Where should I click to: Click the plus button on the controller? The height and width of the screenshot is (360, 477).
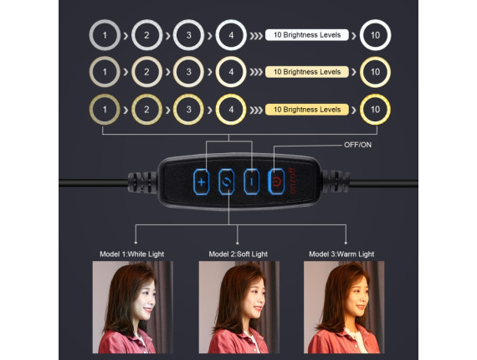click(202, 182)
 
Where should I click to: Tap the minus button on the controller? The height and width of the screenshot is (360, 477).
click(252, 182)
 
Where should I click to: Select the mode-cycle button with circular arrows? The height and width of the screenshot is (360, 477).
click(226, 182)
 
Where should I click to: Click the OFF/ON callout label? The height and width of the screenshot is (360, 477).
click(358, 145)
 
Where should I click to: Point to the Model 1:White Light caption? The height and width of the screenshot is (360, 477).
click(131, 254)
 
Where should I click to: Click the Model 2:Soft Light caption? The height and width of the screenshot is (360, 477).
click(238, 254)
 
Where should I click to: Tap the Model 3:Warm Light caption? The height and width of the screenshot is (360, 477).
click(341, 254)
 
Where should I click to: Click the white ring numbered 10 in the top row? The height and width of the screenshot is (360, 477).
click(375, 21)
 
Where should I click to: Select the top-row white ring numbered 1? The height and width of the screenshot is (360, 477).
click(105, 21)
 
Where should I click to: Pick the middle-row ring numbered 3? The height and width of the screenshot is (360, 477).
click(188, 58)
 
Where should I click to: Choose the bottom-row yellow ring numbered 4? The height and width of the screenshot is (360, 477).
click(231, 95)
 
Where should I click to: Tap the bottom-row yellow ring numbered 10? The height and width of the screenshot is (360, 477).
click(375, 95)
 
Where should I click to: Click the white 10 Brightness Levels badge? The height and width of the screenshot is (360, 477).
click(307, 35)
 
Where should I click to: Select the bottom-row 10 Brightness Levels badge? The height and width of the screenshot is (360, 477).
click(307, 110)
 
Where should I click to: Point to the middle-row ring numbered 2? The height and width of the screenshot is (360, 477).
click(146, 58)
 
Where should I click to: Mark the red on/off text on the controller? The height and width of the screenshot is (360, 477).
click(292, 181)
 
